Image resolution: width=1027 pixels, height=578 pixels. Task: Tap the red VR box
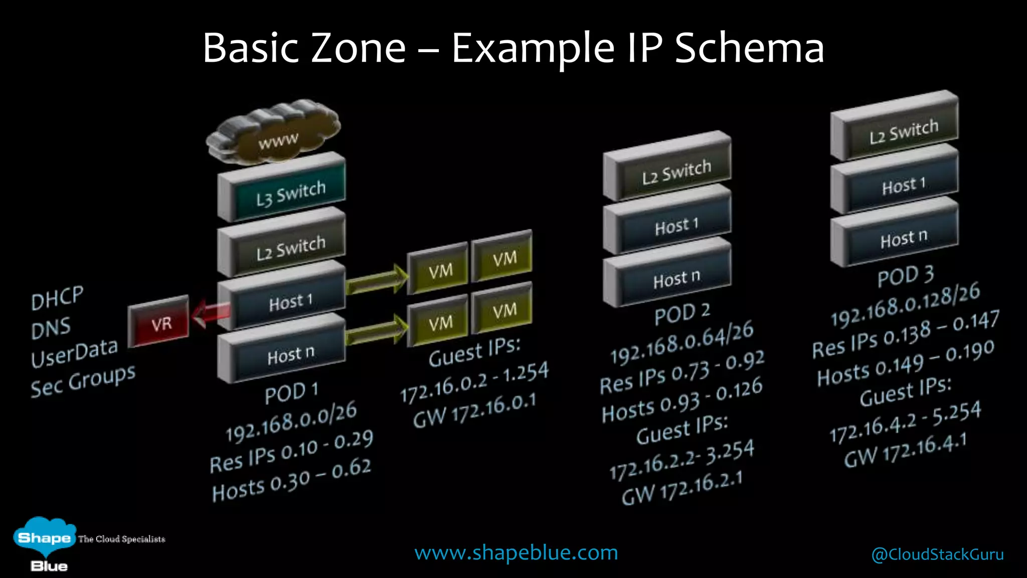[x=159, y=322]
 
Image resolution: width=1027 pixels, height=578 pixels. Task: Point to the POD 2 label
[x=682, y=313]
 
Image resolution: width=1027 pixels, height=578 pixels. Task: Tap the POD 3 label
[x=906, y=275]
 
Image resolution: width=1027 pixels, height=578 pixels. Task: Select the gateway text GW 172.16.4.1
[x=905, y=450]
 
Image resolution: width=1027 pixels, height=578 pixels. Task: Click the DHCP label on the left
[x=57, y=298]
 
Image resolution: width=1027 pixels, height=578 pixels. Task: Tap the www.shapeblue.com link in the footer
[x=516, y=552]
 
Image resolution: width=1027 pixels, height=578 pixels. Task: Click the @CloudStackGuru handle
[x=937, y=554]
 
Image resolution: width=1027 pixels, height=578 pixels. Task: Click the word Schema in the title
[x=749, y=48]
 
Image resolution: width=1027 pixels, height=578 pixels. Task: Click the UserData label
[x=74, y=352]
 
